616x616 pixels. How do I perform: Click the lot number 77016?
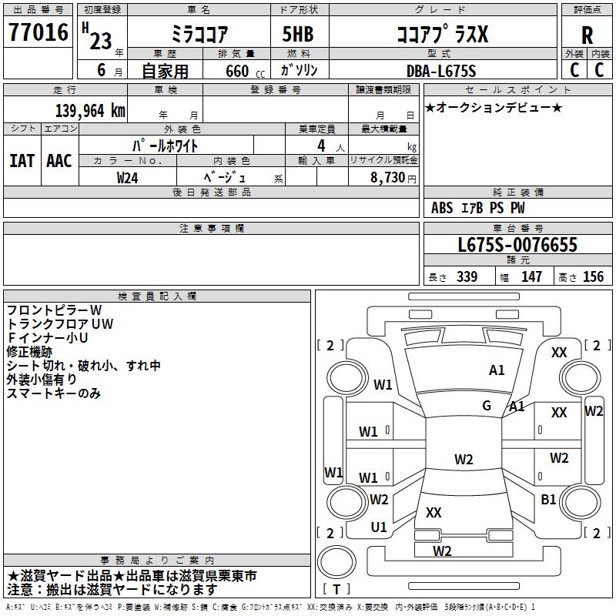(x=38, y=34)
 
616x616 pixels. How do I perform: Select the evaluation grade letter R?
(x=587, y=35)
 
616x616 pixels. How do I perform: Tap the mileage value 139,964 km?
(x=90, y=111)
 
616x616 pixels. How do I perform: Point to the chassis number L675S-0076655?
(x=517, y=246)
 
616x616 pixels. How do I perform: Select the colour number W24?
(x=128, y=178)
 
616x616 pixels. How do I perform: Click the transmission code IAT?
(x=22, y=161)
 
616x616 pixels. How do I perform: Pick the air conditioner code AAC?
(x=59, y=161)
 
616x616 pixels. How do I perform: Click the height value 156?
(x=593, y=277)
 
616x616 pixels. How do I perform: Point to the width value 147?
(x=531, y=277)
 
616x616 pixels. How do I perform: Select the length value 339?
(x=467, y=277)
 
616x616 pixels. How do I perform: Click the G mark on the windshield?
(x=487, y=406)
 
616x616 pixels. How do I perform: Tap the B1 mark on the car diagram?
(x=548, y=500)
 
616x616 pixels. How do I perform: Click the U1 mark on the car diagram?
(x=379, y=527)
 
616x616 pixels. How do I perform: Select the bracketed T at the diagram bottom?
(x=336, y=590)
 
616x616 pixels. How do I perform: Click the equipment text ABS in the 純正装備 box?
(x=442, y=208)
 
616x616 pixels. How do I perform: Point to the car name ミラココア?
(x=198, y=35)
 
